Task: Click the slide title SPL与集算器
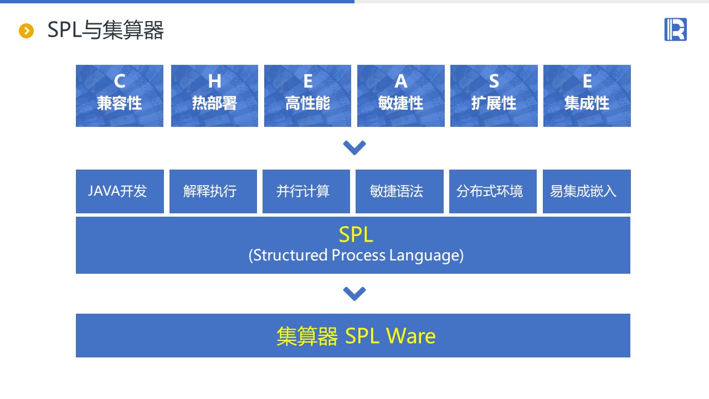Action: click(x=105, y=30)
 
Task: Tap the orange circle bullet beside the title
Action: click(x=27, y=31)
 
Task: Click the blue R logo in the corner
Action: click(x=675, y=29)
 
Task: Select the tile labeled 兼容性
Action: click(x=120, y=96)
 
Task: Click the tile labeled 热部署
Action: click(x=214, y=96)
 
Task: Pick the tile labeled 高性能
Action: click(x=307, y=96)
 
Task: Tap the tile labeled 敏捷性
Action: click(x=400, y=96)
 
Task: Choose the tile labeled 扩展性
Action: click(x=494, y=96)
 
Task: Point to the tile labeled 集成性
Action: click(x=587, y=96)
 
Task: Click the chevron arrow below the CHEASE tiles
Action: click(x=354, y=147)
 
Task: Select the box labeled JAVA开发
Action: click(x=120, y=191)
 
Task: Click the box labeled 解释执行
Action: click(x=213, y=191)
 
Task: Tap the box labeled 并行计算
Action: click(x=306, y=191)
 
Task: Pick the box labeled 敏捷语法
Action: click(x=399, y=191)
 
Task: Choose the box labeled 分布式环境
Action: click(x=492, y=191)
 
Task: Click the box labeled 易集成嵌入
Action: click(x=586, y=191)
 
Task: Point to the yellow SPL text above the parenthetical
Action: click(x=356, y=235)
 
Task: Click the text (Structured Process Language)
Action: click(x=356, y=255)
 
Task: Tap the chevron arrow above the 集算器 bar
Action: click(x=354, y=293)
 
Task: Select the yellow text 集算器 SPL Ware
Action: click(x=356, y=336)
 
